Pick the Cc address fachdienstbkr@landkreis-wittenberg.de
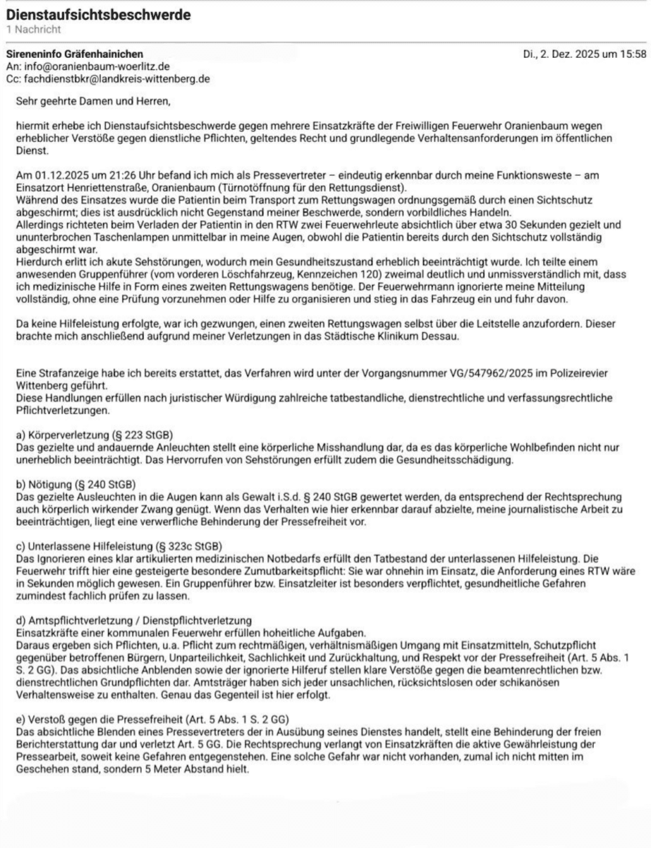click(x=114, y=78)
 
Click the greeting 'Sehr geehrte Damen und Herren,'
click(x=93, y=100)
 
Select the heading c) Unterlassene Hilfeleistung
click(x=118, y=546)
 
